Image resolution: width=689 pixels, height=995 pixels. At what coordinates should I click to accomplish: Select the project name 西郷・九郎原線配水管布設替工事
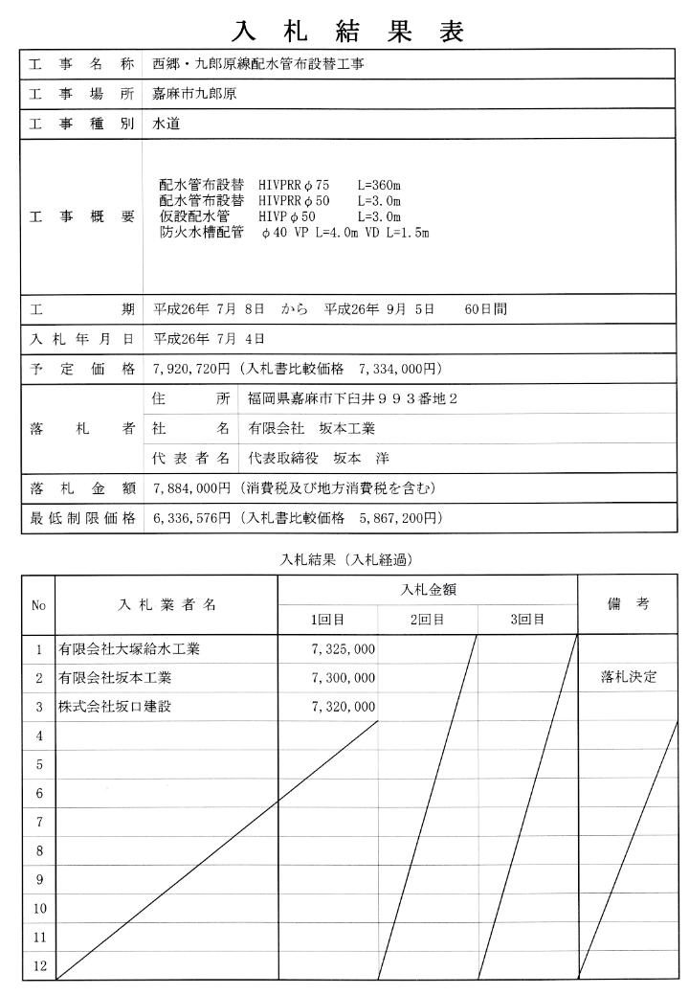(258, 66)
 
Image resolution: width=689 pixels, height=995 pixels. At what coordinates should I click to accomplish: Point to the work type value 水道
(167, 124)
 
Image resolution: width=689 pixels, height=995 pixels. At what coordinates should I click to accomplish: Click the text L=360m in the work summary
(380, 185)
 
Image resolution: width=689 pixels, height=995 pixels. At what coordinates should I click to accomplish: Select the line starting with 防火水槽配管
(293, 232)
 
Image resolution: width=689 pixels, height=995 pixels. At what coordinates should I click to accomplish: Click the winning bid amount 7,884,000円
(192, 488)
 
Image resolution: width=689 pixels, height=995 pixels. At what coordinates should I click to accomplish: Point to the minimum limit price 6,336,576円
(192, 518)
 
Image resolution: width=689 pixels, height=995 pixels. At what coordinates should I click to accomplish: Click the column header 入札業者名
(167, 604)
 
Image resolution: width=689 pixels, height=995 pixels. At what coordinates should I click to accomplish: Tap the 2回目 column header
(427, 620)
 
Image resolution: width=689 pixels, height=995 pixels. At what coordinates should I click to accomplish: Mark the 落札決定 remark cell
(629, 678)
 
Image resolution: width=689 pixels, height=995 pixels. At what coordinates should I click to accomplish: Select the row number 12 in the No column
(39, 965)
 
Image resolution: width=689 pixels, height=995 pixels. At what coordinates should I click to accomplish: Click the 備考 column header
(629, 604)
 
